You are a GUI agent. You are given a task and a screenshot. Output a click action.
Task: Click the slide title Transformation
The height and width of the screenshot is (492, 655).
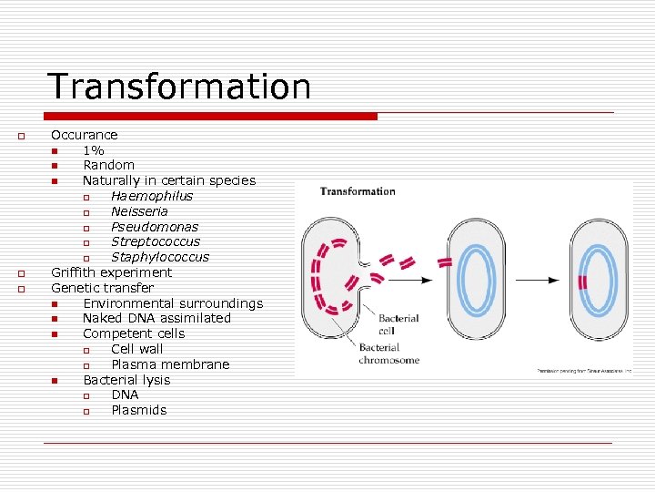pos(179,87)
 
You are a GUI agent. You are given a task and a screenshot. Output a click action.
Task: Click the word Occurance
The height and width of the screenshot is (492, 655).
pos(84,135)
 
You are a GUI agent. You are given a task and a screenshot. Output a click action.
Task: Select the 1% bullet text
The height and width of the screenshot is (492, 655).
pos(94,150)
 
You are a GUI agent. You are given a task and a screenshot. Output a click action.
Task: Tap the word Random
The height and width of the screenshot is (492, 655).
pos(108,165)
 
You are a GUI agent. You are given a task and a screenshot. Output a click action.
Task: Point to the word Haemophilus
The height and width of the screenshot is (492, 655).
pos(152,196)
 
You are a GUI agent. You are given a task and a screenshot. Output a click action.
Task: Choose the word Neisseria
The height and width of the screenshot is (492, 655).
pos(139,211)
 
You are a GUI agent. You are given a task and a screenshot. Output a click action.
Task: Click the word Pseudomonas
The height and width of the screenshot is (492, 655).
pos(155,227)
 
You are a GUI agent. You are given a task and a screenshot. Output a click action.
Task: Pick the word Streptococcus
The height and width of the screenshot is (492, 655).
pos(156,241)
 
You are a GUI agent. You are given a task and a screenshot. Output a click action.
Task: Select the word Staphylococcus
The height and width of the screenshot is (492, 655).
pos(160,257)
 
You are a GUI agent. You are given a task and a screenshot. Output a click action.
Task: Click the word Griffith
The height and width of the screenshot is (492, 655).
pos(74,272)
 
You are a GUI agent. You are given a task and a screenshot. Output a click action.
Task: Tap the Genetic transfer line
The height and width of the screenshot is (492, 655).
pos(102,288)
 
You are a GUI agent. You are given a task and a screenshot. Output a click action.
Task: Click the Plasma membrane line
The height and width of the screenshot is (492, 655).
pos(170,364)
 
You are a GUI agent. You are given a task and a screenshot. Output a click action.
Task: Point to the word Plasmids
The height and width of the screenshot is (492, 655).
pos(139,410)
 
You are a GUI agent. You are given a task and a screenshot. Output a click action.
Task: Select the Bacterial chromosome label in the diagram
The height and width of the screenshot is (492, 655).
pos(388,354)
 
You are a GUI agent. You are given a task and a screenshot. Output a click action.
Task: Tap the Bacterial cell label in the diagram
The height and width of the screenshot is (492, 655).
pos(398,323)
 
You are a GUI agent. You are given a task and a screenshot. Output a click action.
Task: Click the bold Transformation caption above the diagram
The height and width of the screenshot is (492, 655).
pos(358,191)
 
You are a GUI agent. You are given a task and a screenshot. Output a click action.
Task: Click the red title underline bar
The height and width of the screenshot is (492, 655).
pos(210,117)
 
